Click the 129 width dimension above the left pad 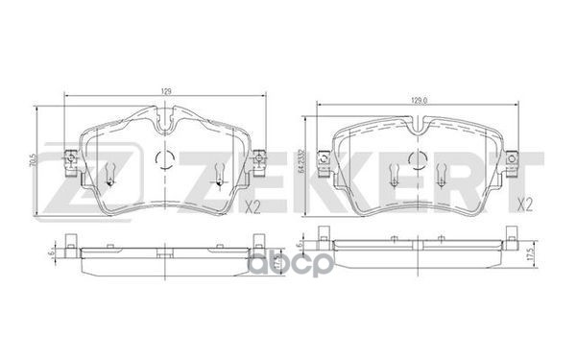tap(165, 90)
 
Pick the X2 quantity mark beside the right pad tap(525, 204)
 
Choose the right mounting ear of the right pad tap(515, 162)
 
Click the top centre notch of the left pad tap(165, 123)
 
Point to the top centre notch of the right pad tap(419, 123)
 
